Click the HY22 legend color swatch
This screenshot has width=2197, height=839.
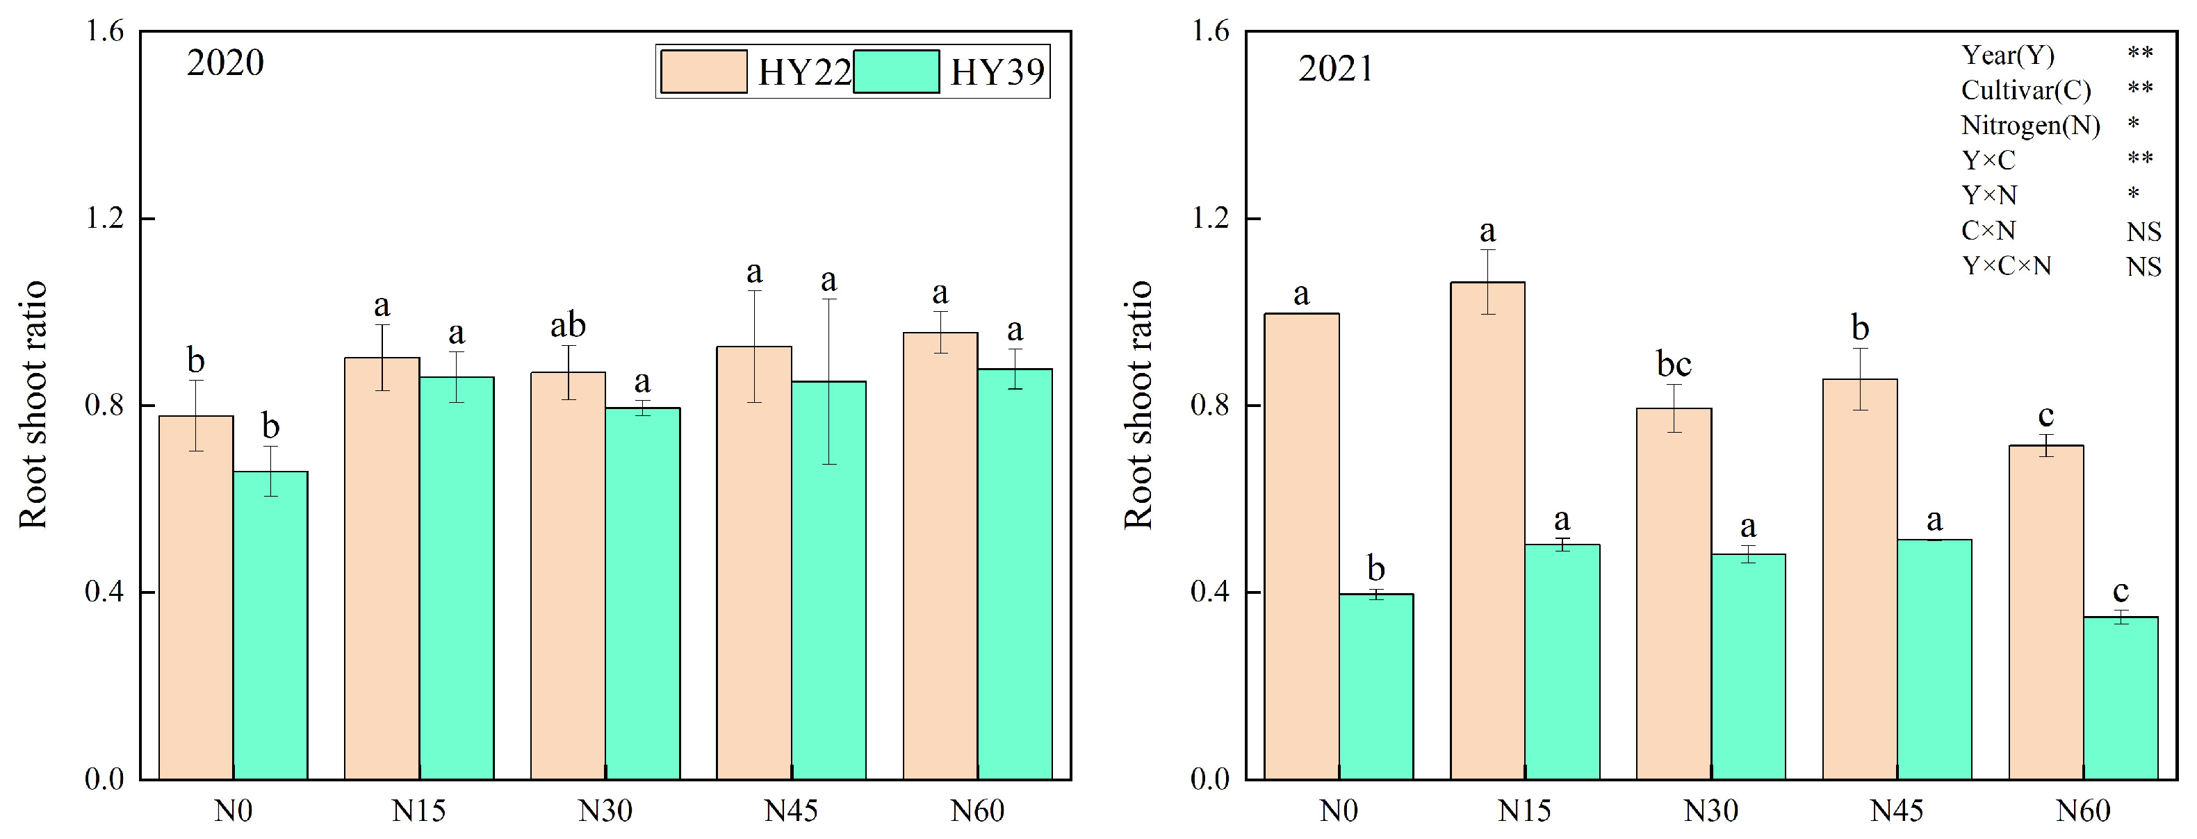coord(703,71)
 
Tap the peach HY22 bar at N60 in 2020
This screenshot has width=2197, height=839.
coord(940,555)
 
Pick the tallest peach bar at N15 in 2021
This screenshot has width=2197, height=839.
coord(1487,531)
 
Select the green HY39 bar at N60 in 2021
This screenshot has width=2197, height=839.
coord(2121,697)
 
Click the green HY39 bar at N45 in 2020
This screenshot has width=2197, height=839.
coord(828,580)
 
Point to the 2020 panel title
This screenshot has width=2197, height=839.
coord(225,63)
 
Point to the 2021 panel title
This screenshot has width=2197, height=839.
coord(1336,68)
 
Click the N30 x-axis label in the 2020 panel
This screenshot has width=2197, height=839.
coord(605,810)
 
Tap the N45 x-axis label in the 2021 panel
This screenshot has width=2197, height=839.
coord(1896,810)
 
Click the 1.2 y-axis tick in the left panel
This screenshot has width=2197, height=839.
coord(104,218)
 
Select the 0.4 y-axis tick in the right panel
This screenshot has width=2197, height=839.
coord(1209,592)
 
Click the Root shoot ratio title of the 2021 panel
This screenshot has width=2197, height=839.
coord(1138,404)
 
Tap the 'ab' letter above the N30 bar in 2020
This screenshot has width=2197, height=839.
coord(568,325)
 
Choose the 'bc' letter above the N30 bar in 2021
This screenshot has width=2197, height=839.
coord(1674,364)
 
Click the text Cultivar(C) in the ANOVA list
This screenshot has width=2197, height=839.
coord(2025,90)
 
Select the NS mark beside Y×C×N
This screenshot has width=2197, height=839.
coord(2143,267)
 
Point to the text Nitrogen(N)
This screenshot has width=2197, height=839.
coord(2029,125)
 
